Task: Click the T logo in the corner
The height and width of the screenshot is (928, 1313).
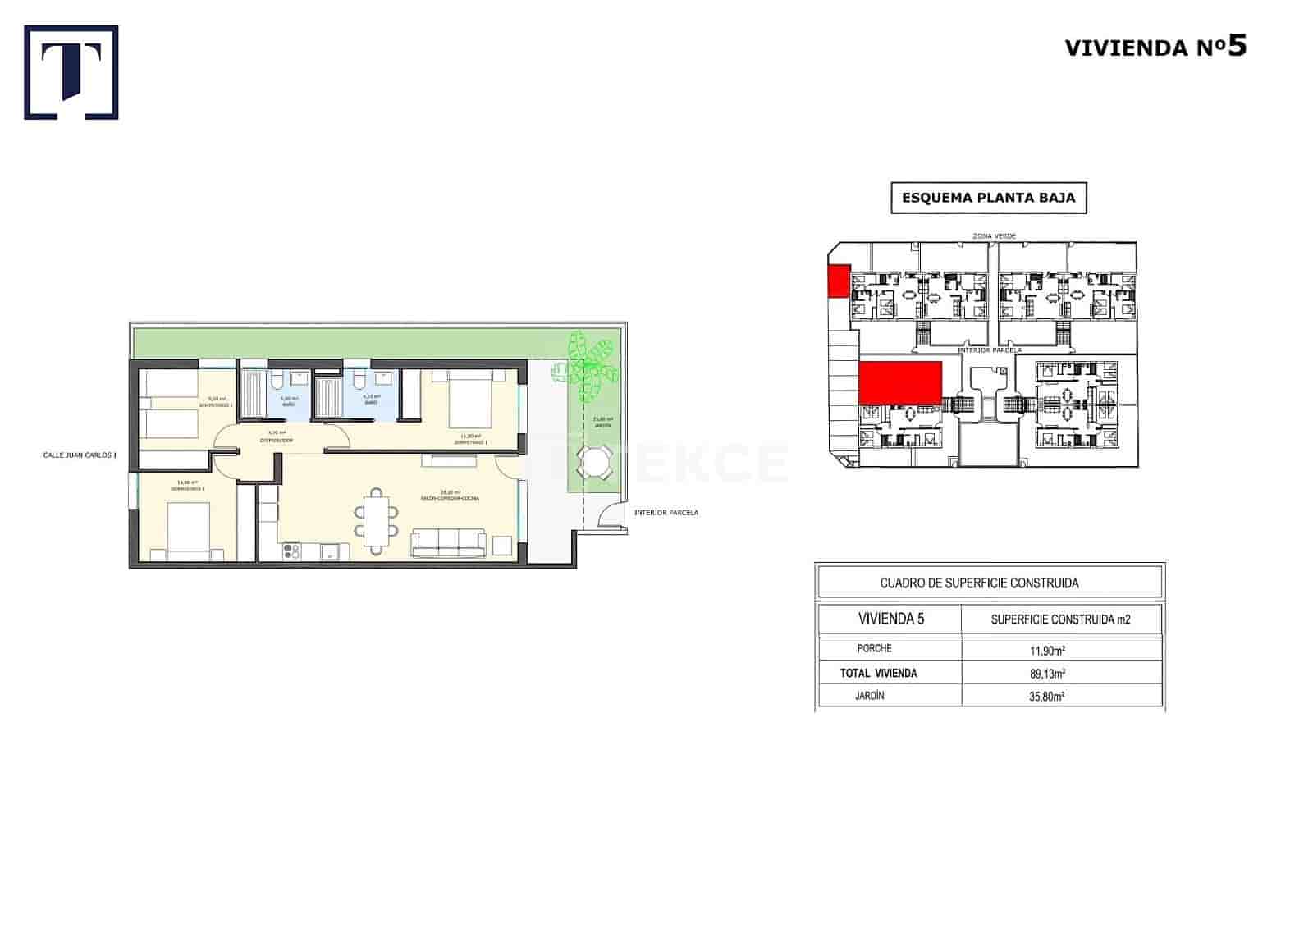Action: (x=71, y=72)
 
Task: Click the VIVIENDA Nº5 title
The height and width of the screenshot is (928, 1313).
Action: (x=1155, y=47)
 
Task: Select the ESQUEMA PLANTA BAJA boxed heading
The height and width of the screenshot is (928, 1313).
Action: (x=988, y=198)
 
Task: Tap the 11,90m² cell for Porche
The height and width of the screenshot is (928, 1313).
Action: (x=1048, y=651)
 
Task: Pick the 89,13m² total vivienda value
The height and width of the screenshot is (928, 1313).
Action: (x=1048, y=674)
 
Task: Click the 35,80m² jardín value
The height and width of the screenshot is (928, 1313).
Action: (x=1048, y=697)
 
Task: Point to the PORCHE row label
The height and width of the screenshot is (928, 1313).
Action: (x=874, y=649)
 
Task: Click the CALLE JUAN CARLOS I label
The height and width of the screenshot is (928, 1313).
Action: (x=80, y=455)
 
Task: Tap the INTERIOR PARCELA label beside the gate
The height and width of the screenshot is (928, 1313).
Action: (x=666, y=513)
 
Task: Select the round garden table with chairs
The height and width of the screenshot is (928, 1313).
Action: (x=592, y=463)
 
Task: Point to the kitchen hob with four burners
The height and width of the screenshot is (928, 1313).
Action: (x=291, y=551)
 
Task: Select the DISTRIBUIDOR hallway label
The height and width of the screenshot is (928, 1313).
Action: (x=277, y=441)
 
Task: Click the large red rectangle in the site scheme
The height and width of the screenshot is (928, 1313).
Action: (x=899, y=383)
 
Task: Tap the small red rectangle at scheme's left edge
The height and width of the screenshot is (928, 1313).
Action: (x=838, y=281)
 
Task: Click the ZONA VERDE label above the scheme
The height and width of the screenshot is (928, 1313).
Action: (x=993, y=236)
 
